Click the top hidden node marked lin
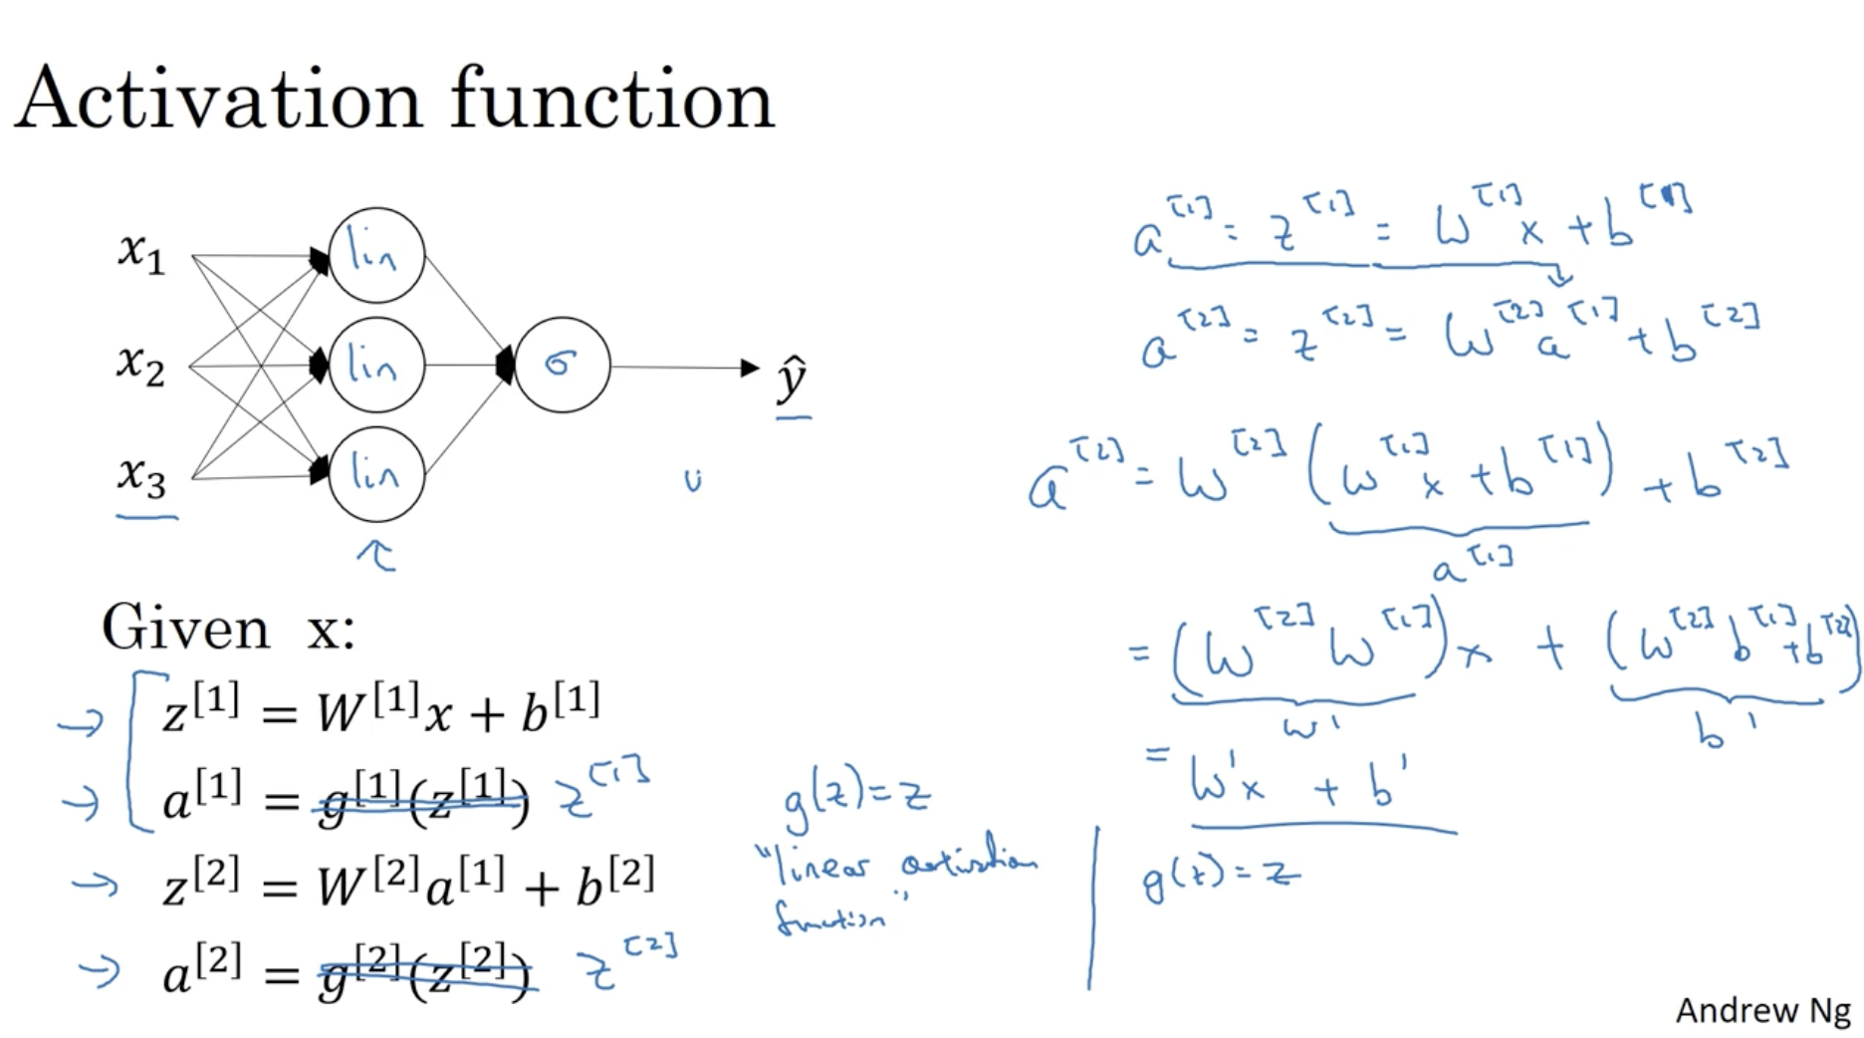pyautogui.click(x=376, y=255)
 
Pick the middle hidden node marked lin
pyautogui.click(x=376, y=366)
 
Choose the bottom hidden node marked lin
pyautogui.click(x=376, y=474)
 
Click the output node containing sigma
pyautogui.click(x=562, y=366)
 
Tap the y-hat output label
pyautogui.click(x=792, y=379)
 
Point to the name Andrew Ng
pyautogui.click(x=1761, y=1010)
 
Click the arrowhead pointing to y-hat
pyautogui.click(x=750, y=368)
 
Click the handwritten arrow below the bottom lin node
pyautogui.click(x=376, y=554)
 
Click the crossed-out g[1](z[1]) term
pyautogui.click(x=422, y=797)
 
